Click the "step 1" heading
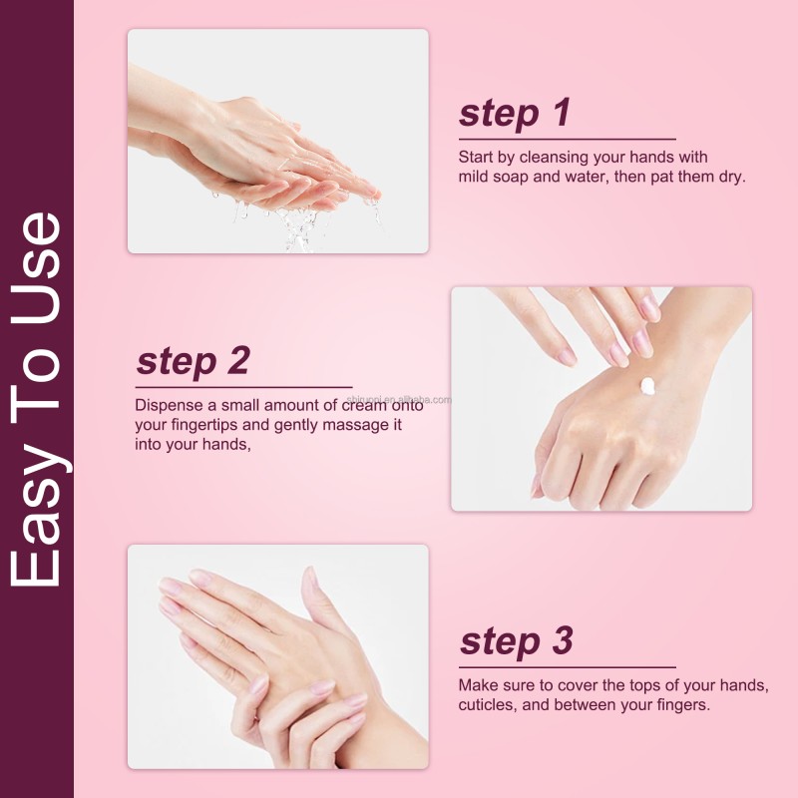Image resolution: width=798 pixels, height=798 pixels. [514, 114]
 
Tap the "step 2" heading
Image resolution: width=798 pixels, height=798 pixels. [193, 361]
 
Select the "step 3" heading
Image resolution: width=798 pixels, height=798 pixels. [516, 641]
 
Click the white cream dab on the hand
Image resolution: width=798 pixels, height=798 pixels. [647, 385]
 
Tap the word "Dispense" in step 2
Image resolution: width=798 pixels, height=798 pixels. [170, 405]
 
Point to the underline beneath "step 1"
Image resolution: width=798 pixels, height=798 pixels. [567, 140]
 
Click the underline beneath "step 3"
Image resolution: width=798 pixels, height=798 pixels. [567, 667]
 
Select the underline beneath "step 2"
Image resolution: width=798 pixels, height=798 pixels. [243, 386]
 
